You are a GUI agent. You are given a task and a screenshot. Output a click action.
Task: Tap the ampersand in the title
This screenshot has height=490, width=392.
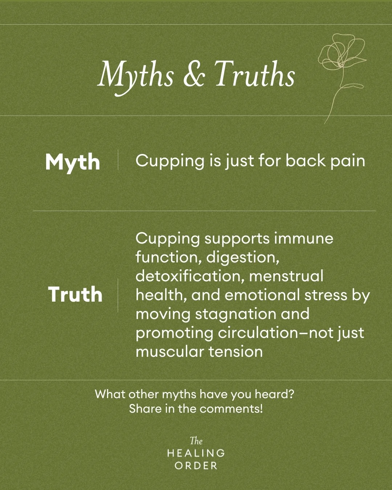[x=194, y=74]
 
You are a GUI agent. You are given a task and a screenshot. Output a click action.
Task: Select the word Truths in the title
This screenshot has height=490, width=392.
[x=254, y=74]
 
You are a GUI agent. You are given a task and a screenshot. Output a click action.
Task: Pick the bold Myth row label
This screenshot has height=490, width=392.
[x=73, y=162]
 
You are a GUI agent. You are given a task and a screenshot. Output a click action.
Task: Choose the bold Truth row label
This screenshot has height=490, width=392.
[x=75, y=294]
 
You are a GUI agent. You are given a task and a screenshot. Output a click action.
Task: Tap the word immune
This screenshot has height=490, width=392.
[x=303, y=238]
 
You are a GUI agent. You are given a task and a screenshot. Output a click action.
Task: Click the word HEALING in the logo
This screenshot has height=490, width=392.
[x=196, y=453]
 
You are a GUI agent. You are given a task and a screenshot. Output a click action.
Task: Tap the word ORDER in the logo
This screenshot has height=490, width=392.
[x=196, y=466]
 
